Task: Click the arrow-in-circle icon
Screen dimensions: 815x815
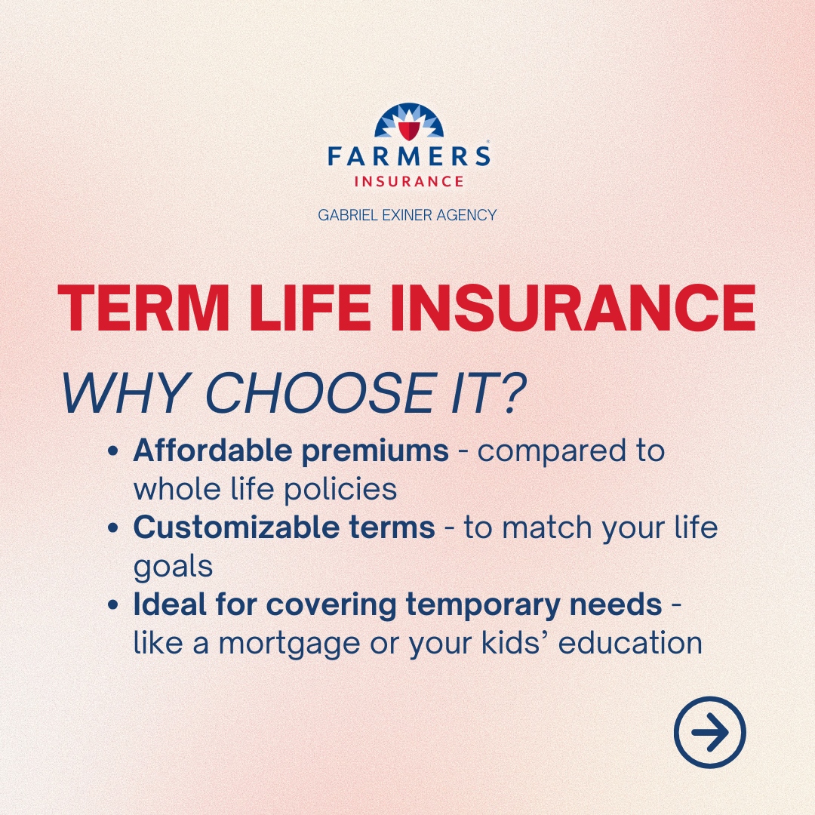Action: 709,731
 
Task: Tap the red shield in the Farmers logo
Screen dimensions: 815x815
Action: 407,130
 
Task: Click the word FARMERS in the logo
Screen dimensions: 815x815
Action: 408,157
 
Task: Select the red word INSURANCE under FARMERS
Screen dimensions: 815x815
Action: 408,181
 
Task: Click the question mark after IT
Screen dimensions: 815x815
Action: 511,393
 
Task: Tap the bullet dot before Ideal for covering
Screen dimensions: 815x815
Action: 113,606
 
